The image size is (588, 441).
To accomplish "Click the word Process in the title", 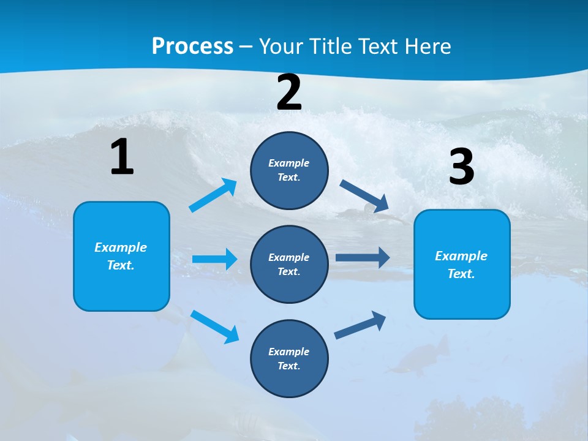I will click(x=192, y=46).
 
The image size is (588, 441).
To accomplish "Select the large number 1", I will click(x=122, y=157).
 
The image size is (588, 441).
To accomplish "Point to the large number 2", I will click(x=289, y=93).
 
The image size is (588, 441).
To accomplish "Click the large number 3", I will click(x=461, y=167).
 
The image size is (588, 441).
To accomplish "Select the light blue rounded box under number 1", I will click(x=121, y=256).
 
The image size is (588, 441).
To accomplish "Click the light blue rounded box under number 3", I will click(x=462, y=264).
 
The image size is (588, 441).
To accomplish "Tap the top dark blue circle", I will click(x=289, y=170).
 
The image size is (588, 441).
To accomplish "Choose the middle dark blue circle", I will click(x=289, y=264).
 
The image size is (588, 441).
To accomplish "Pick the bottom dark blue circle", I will click(x=289, y=358).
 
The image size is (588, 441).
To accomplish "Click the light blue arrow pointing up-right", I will click(x=213, y=195).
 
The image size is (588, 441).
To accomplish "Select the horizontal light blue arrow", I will click(x=214, y=259).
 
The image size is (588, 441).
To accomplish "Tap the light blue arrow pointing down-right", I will click(x=215, y=326).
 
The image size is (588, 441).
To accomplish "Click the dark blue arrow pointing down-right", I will click(x=364, y=196).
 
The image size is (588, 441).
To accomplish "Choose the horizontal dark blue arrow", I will click(x=363, y=258).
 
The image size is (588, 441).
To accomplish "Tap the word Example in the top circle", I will click(x=289, y=163).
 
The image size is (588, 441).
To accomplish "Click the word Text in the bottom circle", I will click(x=288, y=366).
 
